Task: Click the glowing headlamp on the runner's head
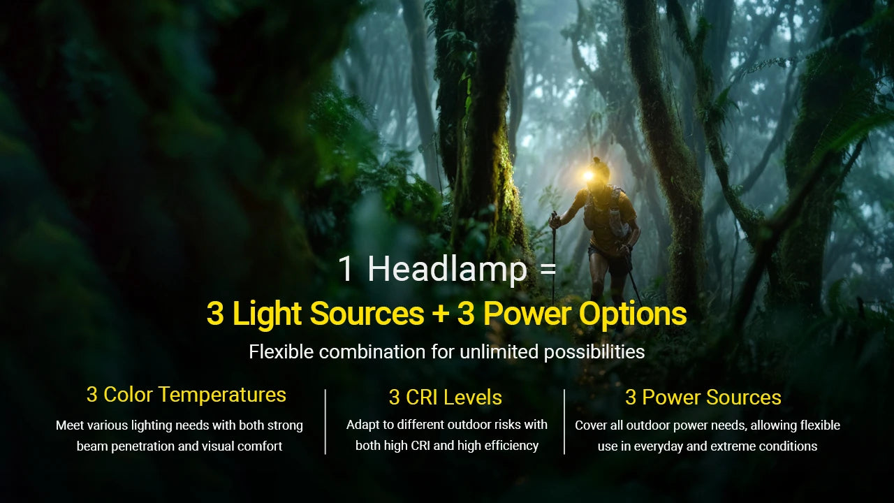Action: pos(589,175)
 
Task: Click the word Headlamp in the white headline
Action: pos(447,270)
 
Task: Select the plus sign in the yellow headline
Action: pos(440,314)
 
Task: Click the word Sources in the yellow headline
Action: pos(367,314)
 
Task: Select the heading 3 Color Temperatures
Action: pos(186,395)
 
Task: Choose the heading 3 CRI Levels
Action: pos(446,398)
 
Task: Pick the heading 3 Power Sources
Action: pos(703,398)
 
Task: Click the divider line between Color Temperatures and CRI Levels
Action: pos(325,422)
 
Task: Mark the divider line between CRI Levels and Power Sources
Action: pos(564,422)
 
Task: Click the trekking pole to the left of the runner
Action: pos(554,251)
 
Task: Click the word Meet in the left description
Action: pos(70,425)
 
